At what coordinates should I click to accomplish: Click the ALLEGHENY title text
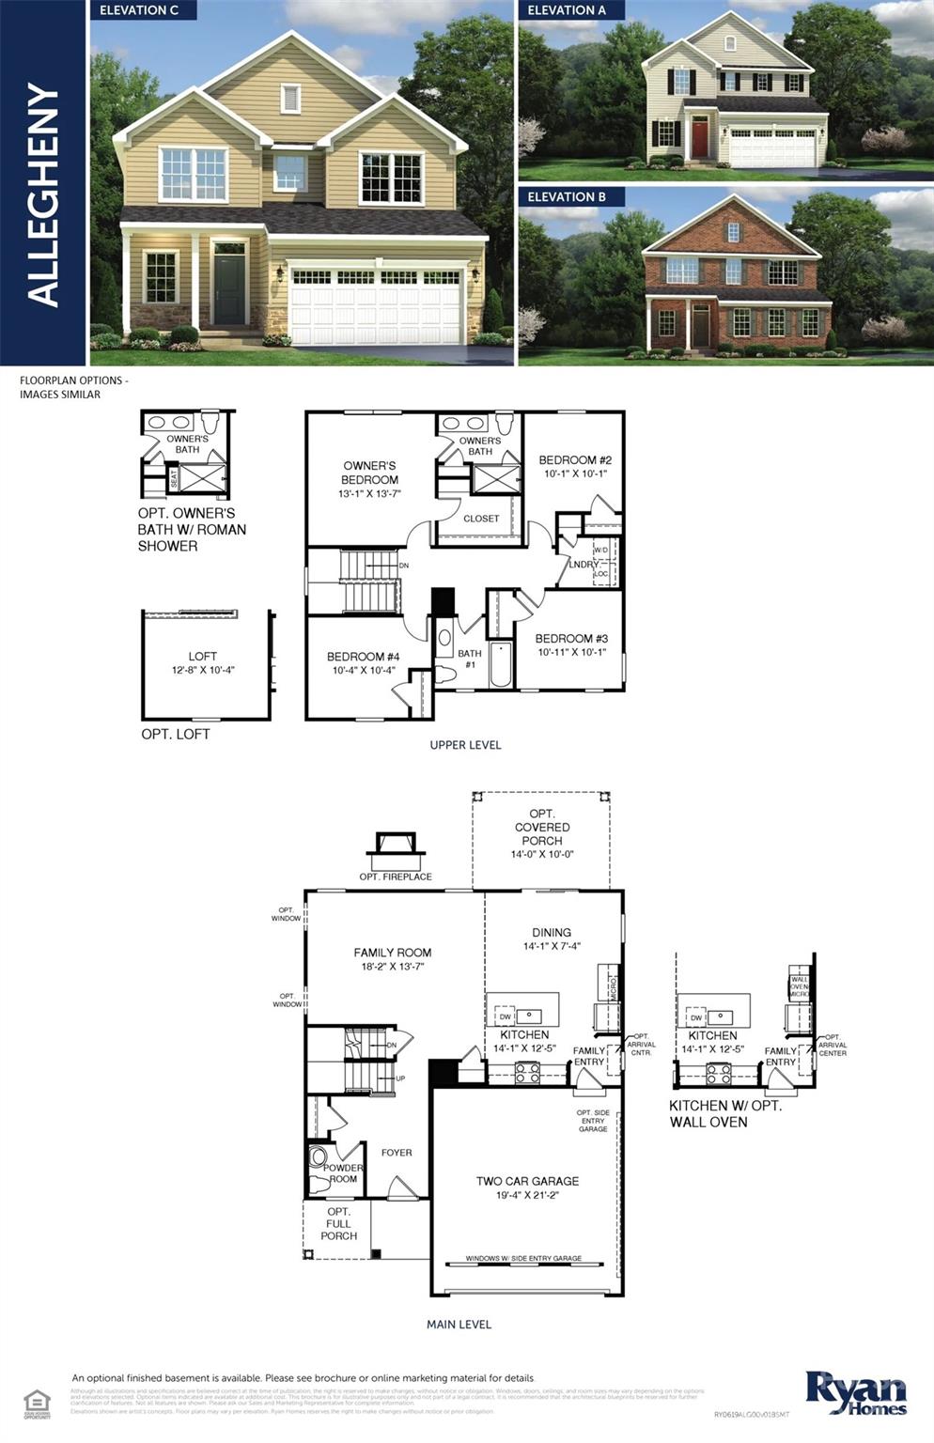[43, 194]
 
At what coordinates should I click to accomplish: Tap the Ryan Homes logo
[855, 1392]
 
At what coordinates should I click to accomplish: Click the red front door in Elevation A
[700, 138]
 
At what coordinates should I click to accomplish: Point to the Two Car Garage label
[527, 1181]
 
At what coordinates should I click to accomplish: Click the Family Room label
[392, 953]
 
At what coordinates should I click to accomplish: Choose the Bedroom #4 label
[363, 657]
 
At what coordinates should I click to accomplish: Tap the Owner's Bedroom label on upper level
[369, 473]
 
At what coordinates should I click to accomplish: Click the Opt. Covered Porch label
[542, 827]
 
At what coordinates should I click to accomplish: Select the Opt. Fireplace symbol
[396, 850]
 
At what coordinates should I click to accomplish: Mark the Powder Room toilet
[318, 1156]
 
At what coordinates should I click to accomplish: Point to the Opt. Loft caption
[176, 734]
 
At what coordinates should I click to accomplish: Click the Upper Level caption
[465, 745]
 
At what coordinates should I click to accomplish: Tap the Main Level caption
[459, 1325]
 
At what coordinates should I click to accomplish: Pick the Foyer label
[397, 1153]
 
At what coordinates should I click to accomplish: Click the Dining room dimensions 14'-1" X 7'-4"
[552, 946]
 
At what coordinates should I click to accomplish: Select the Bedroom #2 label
[575, 460]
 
